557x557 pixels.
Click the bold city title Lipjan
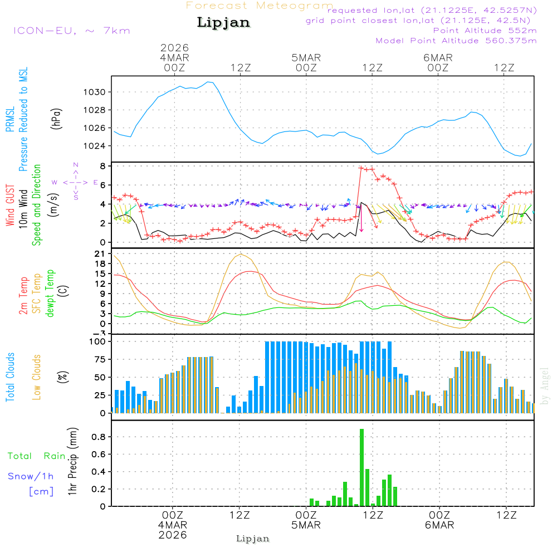coord(223,23)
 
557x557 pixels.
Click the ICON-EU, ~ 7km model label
coord(71,31)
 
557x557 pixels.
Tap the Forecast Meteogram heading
coord(259,6)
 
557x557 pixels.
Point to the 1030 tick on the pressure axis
coord(96,92)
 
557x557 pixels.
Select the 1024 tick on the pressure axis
coord(96,146)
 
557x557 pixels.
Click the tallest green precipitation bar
coord(362,467)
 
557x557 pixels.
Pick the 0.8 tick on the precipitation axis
coord(99,437)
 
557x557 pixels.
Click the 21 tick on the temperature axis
coord(101,254)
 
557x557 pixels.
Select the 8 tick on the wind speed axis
coord(102,166)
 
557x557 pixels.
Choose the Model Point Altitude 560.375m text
coord(456,41)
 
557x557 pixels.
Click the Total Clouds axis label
coord(11,377)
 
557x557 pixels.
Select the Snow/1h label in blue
coord(31,476)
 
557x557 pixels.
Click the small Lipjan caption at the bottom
coord(253,539)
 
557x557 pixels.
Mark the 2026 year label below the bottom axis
coord(173,535)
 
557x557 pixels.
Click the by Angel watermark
coord(545,386)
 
